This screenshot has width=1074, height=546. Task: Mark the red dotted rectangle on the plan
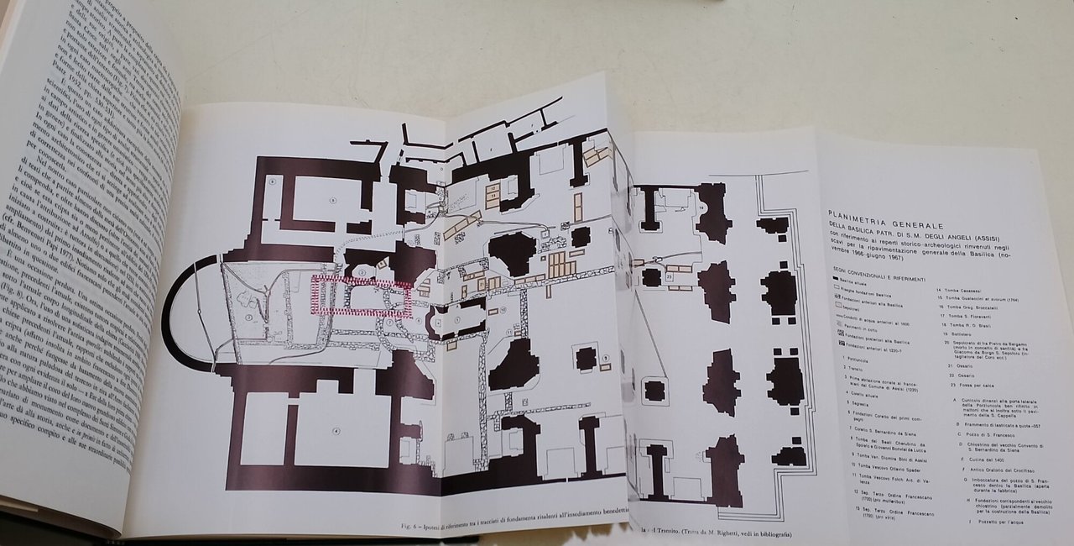(361, 297)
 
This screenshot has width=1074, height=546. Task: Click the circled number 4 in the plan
(336, 432)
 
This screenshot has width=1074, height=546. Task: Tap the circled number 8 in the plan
(274, 181)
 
